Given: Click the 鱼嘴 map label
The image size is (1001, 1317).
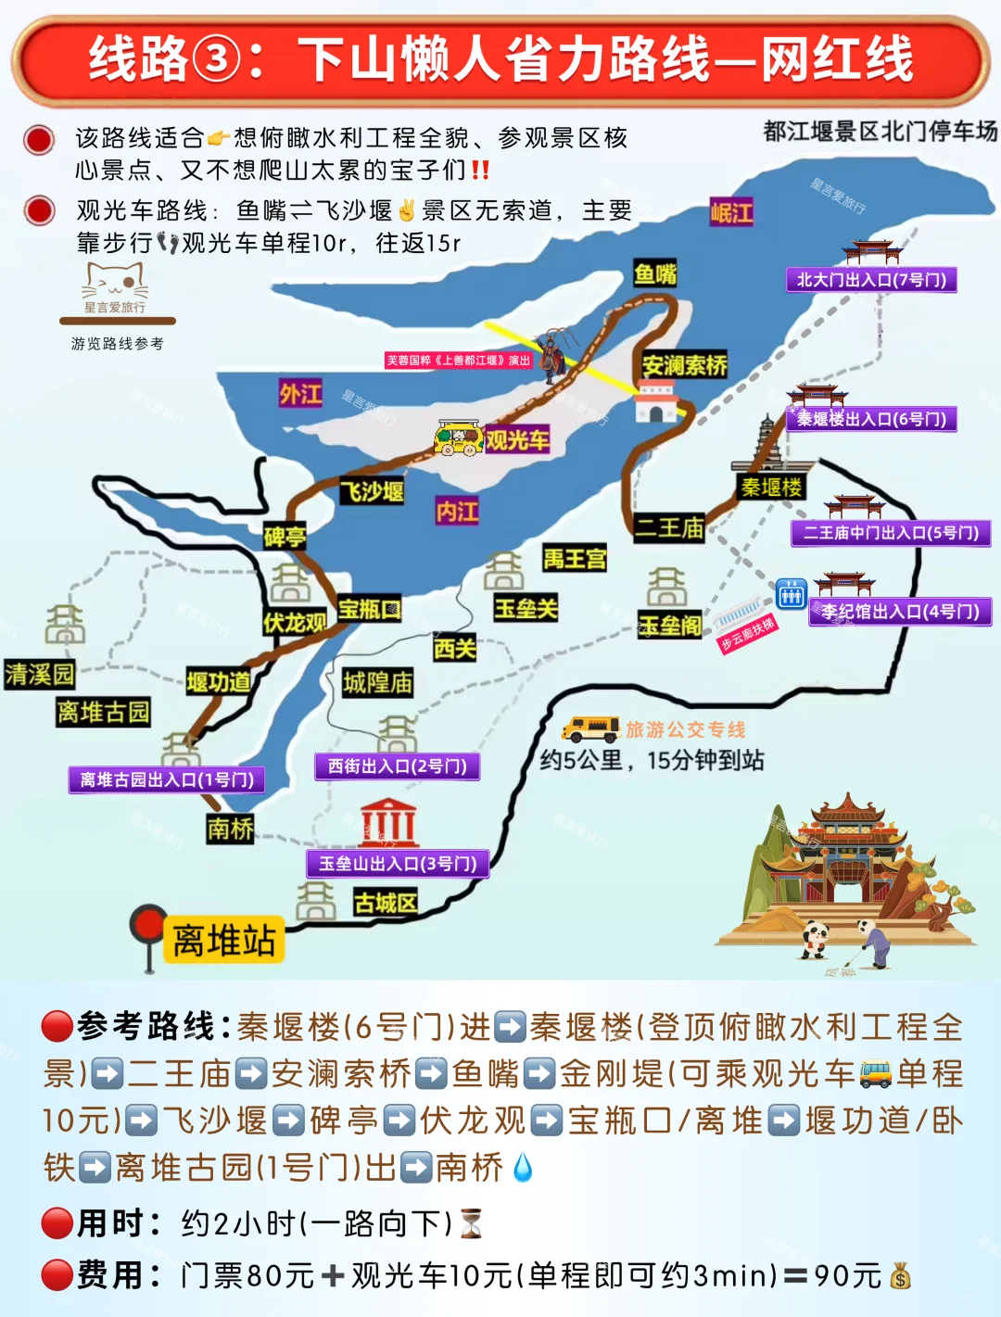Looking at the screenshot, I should coord(655,273).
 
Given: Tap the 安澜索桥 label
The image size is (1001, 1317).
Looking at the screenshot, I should coord(684,365).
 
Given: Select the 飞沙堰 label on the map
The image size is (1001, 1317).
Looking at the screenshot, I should coord(372,491).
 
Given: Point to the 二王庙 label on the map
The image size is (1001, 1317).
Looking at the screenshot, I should coord(669,528).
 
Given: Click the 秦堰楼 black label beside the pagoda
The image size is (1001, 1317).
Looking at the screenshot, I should coord(771,488).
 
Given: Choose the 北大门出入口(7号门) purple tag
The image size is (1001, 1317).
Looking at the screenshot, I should coord(871,280).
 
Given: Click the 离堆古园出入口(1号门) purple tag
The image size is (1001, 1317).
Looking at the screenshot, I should coord(167,779).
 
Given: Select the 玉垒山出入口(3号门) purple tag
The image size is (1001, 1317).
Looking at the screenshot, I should coord(398,864).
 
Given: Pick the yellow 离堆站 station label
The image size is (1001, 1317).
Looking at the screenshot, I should coord(223,940).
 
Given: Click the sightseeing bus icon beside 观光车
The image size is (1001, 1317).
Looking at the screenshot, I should coord(459,437).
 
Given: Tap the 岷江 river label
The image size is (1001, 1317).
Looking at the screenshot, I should coord(731,212).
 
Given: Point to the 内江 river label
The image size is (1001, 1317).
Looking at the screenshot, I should coord(457,511).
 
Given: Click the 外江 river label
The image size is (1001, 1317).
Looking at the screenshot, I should coord(300,394).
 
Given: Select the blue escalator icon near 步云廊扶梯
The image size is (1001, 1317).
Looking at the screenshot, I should coord(791,594).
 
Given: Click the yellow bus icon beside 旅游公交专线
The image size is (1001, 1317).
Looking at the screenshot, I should coord(590,728).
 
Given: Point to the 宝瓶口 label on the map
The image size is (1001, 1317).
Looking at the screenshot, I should coord(368,609).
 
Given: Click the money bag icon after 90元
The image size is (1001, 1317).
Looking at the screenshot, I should coord(900,1277).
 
